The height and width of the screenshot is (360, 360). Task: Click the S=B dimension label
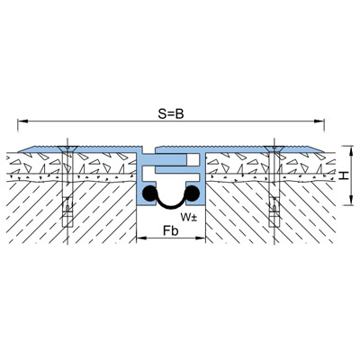pos(171,114)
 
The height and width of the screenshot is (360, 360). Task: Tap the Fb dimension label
pos(171,231)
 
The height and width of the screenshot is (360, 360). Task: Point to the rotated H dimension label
pos(345,175)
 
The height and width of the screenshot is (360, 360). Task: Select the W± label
pos(189,217)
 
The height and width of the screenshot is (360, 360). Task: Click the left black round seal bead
pos(149,193)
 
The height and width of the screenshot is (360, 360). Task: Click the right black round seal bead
pos(193,193)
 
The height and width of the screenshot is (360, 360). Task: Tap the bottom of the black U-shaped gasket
pos(171,207)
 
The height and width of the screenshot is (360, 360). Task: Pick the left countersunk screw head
pos(67,148)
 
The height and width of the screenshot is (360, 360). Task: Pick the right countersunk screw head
pos(274,148)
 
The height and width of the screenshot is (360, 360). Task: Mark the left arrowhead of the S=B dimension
pos(22,121)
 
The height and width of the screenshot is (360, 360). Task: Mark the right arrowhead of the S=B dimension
pos(319,121)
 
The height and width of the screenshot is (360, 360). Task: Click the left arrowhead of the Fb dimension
pos(141,238)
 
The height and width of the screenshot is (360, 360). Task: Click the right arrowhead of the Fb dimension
pos(201,238)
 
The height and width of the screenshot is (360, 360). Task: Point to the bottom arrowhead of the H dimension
pos(350,201)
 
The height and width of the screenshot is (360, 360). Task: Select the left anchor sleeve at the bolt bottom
pos(67,211)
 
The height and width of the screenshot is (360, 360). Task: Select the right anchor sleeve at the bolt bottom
pos(274,211)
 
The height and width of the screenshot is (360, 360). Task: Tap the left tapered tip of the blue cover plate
pos(19,152)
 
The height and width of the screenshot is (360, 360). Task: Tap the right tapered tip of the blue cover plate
pos(323,152)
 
